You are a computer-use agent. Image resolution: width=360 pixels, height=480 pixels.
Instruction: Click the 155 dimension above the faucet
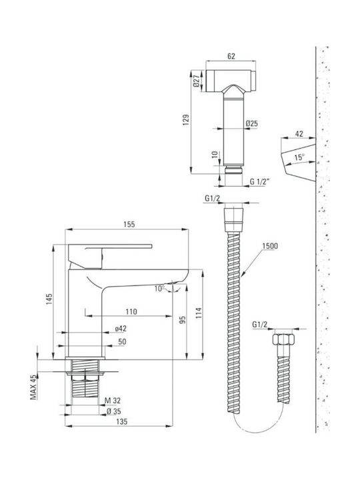[x=129, y=224]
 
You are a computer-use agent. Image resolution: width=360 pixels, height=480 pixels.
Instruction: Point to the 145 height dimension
[x=49, y=299]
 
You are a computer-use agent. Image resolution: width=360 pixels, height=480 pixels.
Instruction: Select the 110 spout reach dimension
[x=131, y=311]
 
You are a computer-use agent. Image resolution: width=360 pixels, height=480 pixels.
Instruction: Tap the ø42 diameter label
[x=121, y=329]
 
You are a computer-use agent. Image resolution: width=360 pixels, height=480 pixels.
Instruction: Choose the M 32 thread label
[x=113, y=401]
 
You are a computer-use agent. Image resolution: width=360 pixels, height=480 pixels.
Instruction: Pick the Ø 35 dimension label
[x=113, y=411]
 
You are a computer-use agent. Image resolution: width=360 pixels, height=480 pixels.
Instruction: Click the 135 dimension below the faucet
[x=121, y=421]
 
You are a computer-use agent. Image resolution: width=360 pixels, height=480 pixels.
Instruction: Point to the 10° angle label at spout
[x=159, y=289]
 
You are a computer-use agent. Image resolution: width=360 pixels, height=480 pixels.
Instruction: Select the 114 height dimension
[x=199, y=313]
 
